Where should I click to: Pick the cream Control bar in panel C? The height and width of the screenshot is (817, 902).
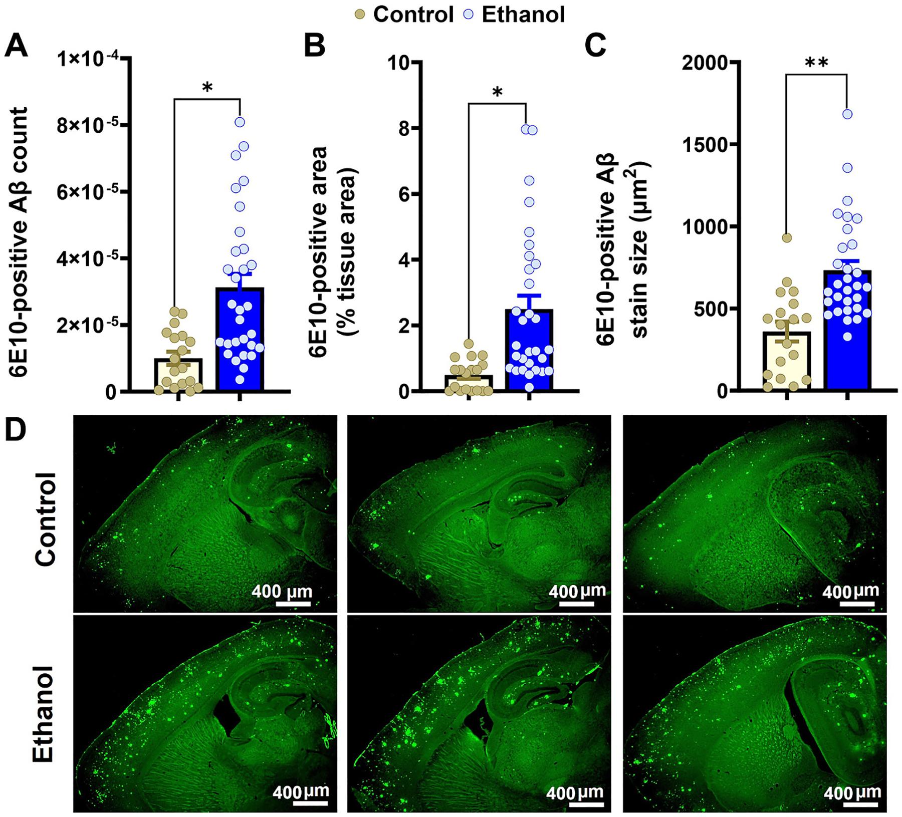coord(786,361)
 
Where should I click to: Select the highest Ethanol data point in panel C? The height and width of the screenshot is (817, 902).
coord(847,114)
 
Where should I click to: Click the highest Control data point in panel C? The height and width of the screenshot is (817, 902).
coord(787,238)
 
